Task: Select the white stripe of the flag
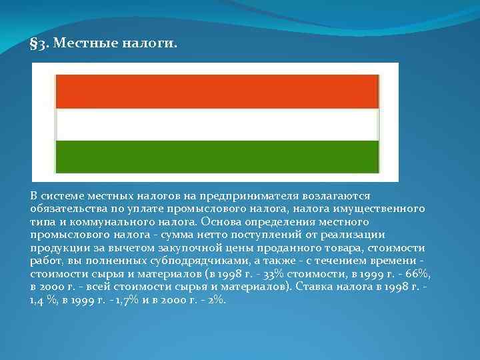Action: coord(217,124)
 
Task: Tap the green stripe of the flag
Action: coord(217,156)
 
